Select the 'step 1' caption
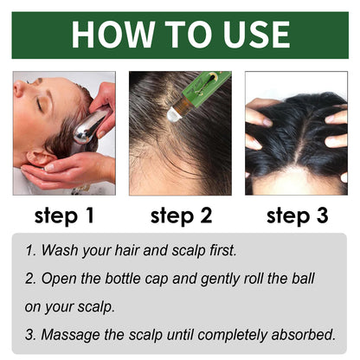pyautogui.click(x=63, y=215)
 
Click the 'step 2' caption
pyautogui.click(x=180, y=215)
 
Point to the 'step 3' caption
pyautogui.click(x=296, y=215)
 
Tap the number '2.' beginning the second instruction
pyautogui.click(x=32, y=280)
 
